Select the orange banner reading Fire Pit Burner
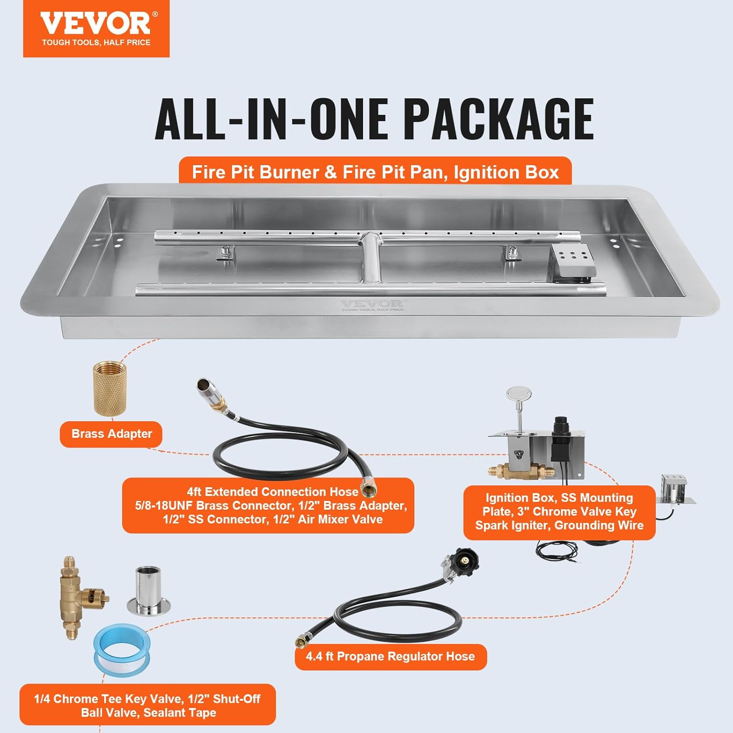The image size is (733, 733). [375, 172]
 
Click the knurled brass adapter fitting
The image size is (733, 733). [110, 388]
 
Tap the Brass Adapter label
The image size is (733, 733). [111, 434]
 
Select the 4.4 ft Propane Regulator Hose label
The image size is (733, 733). [390, 656]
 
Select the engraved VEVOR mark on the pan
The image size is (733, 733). [372, 305]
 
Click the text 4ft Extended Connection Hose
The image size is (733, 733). [272, 492]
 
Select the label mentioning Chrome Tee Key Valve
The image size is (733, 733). [147, 705]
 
